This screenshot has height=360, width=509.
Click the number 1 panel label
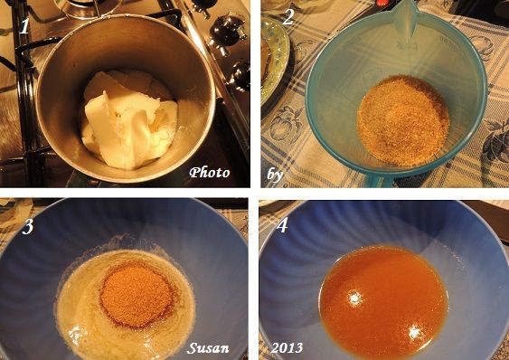tap(24, 26)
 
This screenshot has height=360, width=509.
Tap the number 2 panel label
tap(288, 17)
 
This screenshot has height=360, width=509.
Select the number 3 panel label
tap(28, 226)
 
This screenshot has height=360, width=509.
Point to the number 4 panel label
tap(281, 224)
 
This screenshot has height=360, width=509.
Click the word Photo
tap(210, 172)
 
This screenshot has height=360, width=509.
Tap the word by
tap(275, 175)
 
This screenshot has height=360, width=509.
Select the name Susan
tap(208, 348)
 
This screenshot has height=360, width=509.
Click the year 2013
tap(287, 348)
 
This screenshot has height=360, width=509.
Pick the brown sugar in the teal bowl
tap(403, 120)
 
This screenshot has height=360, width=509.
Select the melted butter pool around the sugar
tap(126, 304)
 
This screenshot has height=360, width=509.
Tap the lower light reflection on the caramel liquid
tap(415, 332)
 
